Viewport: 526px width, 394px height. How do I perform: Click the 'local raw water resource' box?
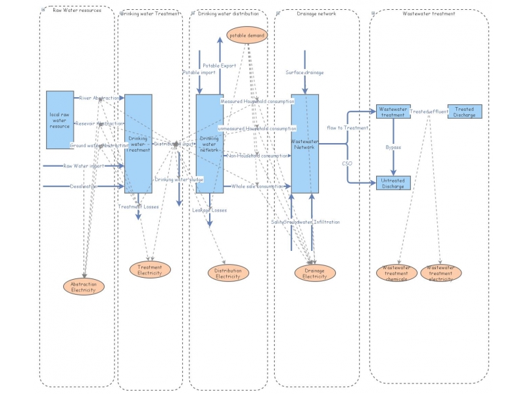(64, 120)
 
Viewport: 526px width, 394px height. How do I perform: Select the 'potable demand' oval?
(247, 35)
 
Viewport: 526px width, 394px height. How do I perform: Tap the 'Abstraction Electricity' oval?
(84, 286)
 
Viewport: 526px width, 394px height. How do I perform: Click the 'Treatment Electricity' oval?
(150, 269)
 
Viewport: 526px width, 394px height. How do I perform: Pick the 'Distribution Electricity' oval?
(229, 273)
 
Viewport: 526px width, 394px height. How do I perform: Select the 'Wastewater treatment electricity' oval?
(441, 273)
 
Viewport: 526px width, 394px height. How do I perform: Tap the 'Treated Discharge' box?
(465, 112)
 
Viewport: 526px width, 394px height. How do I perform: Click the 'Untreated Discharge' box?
(393, 183)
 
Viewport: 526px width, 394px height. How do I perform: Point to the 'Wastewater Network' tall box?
(305, 144)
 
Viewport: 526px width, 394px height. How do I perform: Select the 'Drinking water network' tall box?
(210, 144)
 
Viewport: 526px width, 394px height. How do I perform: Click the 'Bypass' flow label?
(393, 148)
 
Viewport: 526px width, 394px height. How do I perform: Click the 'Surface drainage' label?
(305, 72)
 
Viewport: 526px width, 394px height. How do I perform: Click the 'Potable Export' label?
(219, 66)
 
